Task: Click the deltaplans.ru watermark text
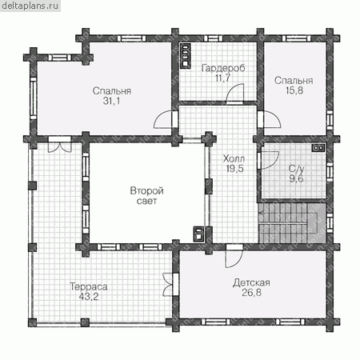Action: pyautogui.click(x=30, y=6)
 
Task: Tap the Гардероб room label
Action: pyautogui.click(x=223, y=68)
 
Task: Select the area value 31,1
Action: pyautogui.click(x=111, y=101)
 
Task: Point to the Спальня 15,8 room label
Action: pyautogui.click(x=294, y=86)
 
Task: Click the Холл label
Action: pyautogui.click(x=234, y=158)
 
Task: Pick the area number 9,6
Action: pyautogui.click(x=296, y=178)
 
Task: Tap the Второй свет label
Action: pyautogui.click(x=146, y=195)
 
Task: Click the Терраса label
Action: pyautogui.click(x=89, y=286)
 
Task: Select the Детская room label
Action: pyautogui.click(x=251, y=282)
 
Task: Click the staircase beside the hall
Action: pyautogui.click(x=292, y=223)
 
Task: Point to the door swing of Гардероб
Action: pyautogui.click(x=235, y=93)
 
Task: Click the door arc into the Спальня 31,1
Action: pyautogui.click(x=163, y=119)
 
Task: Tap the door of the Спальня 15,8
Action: pyautogui.click(x=271, y=119)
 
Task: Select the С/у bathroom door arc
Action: pyautogui.click(x=270, y=160)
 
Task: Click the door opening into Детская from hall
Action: pyautogui.click(x=234, y=256)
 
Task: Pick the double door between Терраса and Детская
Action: pyautogui.click(x=168, y=284)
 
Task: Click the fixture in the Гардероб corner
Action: pyautogui.click(x=185, y=56)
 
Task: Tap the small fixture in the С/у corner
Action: pyautogui.click(x=318, y=148)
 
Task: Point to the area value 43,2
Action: pyautogui.click(x=89, y=297)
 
